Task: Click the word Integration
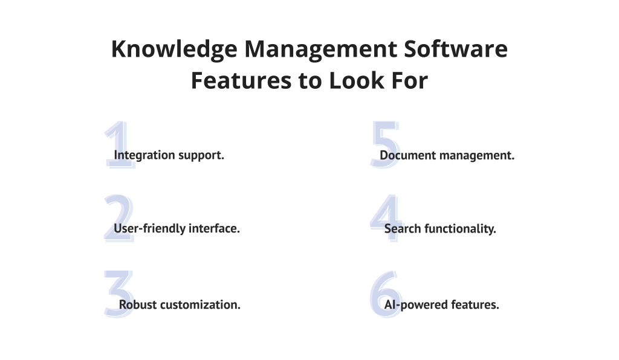(144, 155)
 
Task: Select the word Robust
(137, 304)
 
